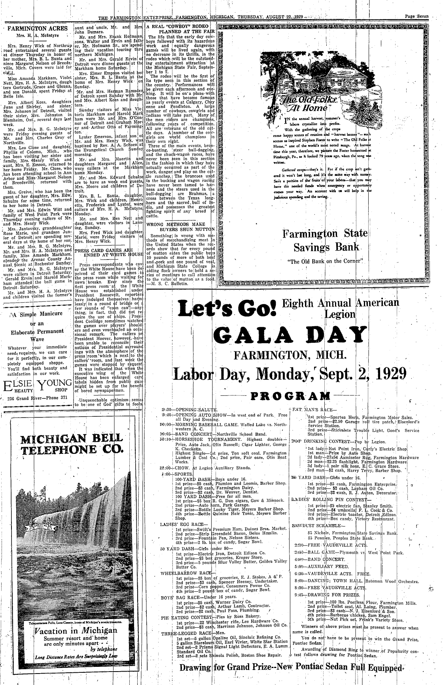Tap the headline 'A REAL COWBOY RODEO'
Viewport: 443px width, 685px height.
click(180, 26)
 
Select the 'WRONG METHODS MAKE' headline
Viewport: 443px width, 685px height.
click(178, 224)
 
